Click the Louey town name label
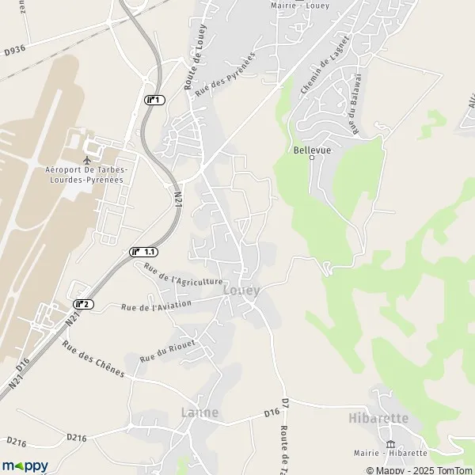[x=241, y=291]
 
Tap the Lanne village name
[x=199, y=412]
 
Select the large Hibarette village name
[x=378, y=418]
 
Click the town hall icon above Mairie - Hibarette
[x=389, y=443]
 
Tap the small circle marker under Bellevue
[x=311, y=158]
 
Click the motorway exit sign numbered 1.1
[x=143, y=251]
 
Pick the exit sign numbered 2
[x=83, y=304]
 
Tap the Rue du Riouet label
[x=167, y=348]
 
